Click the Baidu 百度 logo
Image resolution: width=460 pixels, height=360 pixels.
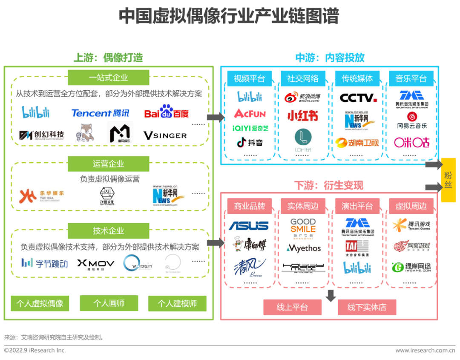click(166, 112)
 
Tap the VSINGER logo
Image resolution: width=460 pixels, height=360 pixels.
click(165, 135)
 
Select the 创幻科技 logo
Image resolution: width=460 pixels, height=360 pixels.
click(42, 135)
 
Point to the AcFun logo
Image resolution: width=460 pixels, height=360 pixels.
click(250, 113)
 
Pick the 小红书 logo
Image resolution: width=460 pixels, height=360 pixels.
click(302, 115)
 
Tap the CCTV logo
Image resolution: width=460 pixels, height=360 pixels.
click(358, 98)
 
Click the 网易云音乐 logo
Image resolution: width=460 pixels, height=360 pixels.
click(411, 121)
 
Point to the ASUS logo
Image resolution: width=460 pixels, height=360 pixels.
click(249, 225)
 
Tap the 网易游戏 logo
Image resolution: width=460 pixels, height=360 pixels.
click(411, 246)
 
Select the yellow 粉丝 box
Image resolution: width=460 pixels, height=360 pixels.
click(448, 180)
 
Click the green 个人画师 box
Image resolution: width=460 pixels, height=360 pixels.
click(109, 303)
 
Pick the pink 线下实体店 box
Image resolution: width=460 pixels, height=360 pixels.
click(367, 307)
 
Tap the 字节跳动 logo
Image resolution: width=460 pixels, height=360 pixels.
click(45, 263)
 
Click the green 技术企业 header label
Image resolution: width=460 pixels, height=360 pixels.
click(109, 231)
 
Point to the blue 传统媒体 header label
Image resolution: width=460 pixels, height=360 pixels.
click(357, 78)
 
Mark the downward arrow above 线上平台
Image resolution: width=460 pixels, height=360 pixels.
click(331, 296)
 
